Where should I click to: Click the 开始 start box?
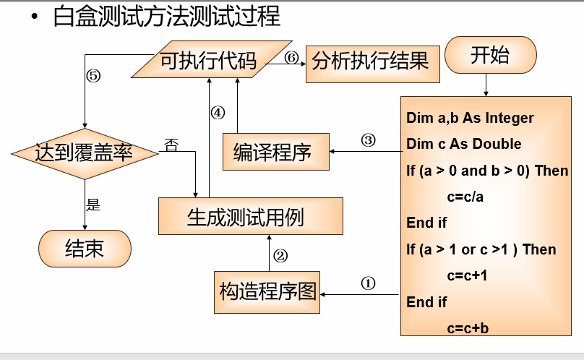pyautogui.click(x=491, y=56)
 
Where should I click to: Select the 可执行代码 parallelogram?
pyautogui.click(x=209, y=61)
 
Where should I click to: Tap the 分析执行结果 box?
pyautogui.click(x=370, y=61)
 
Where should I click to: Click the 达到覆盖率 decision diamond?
pyautogui.click(x=85, y=153)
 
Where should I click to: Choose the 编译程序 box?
pyautogui.click(x=275, y=153)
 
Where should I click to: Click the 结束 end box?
pyautogui.click(x=85, y=249)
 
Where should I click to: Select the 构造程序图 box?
pyautogui.click(x=267, y=292)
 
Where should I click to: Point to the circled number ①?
pyautogui.click(x=368, y=283)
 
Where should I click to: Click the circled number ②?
pyautogui.click(x=280, y=255)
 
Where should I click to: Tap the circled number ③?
pyautogui.click(x=368, y=140)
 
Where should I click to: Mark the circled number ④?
pyautogui.click(x=218, y=113)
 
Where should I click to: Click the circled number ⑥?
pyautogui.click(x=291, y=59)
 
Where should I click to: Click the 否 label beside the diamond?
pyautogui.click(x=171, y=143)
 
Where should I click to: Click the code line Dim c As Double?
pyautogui.click(x=463, y=144)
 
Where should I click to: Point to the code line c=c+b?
pyautogui.click(x=468, y=327)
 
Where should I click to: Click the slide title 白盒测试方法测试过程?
pyautogui.click(x=166, y=16)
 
